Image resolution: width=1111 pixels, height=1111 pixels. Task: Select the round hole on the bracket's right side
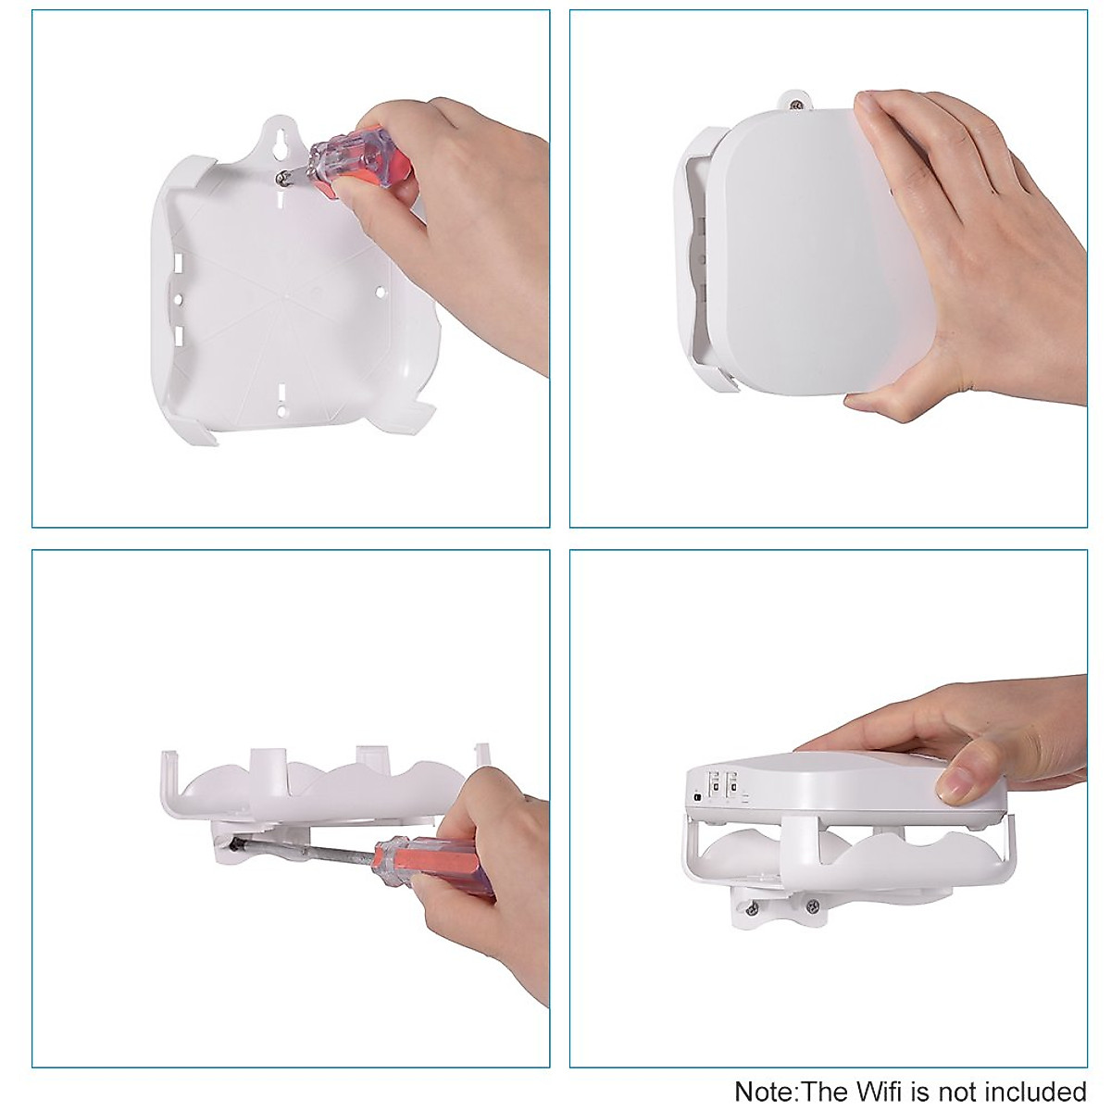coord(379,293)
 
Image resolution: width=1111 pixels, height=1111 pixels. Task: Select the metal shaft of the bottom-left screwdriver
coord(306,850)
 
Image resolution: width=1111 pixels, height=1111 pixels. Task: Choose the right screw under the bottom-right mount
coord(812,905)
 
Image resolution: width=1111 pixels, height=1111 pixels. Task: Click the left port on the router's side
coord(714,786)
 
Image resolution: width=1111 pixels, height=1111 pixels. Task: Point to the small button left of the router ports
coord(695,796)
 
